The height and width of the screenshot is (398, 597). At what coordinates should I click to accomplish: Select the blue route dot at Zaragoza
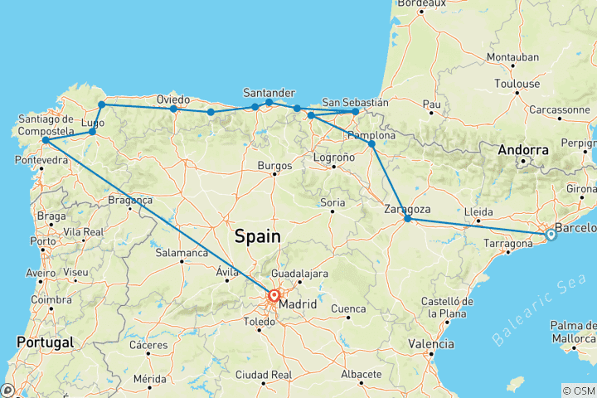pyautogui.click(x=407, y=218)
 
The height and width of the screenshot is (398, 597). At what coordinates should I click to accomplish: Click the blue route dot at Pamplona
pyautogui.click(x=371, y=144)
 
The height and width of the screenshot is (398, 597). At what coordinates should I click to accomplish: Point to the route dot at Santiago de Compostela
pyautogui.click(x=45, y=139)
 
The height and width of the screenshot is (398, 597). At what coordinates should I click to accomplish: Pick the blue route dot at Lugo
pyautogui.click(x=93, y=132)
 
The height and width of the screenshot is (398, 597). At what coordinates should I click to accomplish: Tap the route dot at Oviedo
pyautogui.click(x=173, y=109)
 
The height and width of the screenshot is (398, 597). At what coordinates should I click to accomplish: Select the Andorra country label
pyautogui.click(x=524, y=151)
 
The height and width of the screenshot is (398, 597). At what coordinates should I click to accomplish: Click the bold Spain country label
pyautogui.click(x=257, y=236)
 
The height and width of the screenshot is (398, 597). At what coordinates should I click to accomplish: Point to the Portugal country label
pyautogui.click(x=44, y=342)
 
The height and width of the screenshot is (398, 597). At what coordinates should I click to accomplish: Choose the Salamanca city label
pyautogui.click(x=182, y=252)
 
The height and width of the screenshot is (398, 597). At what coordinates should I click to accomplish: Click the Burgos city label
pyautogui.click(x=276, y=165)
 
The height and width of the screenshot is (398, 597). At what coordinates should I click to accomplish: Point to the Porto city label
pyautogui.click(x=37, y=242)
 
